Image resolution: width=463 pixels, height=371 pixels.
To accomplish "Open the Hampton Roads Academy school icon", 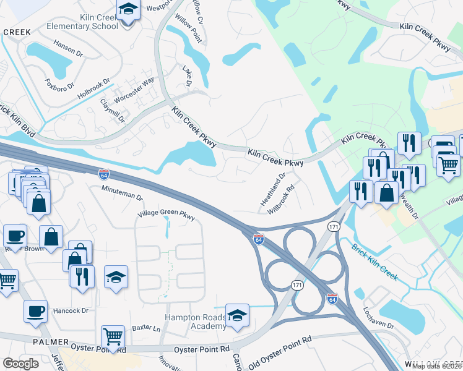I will (x=237, y=316).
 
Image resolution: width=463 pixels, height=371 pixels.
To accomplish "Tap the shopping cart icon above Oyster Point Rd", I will (x=112, y=337).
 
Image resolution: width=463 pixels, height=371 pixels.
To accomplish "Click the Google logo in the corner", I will (x=21, y=364).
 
